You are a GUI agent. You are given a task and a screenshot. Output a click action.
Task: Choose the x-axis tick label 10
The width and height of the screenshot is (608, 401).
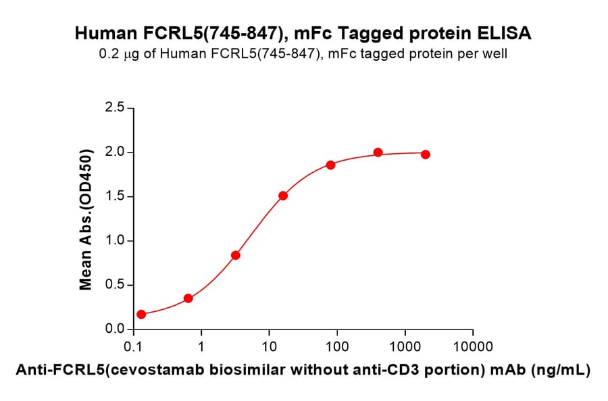coord(269,347)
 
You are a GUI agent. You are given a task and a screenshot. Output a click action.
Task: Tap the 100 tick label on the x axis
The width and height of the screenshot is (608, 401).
coord(337,347)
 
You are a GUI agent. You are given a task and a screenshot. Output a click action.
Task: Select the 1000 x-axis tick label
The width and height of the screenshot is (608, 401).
coord(405,347)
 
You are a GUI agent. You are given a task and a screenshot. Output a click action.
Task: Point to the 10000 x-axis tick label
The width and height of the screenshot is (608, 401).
coord(473,347)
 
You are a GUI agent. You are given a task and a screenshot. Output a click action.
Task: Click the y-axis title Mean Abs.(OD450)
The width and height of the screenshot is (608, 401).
coord(86,219)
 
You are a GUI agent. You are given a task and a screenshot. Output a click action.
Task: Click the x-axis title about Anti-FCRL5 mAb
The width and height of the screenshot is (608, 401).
coord(303,370)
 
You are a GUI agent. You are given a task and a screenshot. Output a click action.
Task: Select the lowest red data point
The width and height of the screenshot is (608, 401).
coord(141,315)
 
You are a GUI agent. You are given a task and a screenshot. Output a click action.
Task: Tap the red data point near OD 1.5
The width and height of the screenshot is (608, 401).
coord(283,196)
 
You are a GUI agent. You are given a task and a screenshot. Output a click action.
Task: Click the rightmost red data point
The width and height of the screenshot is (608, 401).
coord(425,155)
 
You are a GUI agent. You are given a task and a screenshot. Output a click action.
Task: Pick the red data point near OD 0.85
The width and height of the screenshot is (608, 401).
coord(236,255)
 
